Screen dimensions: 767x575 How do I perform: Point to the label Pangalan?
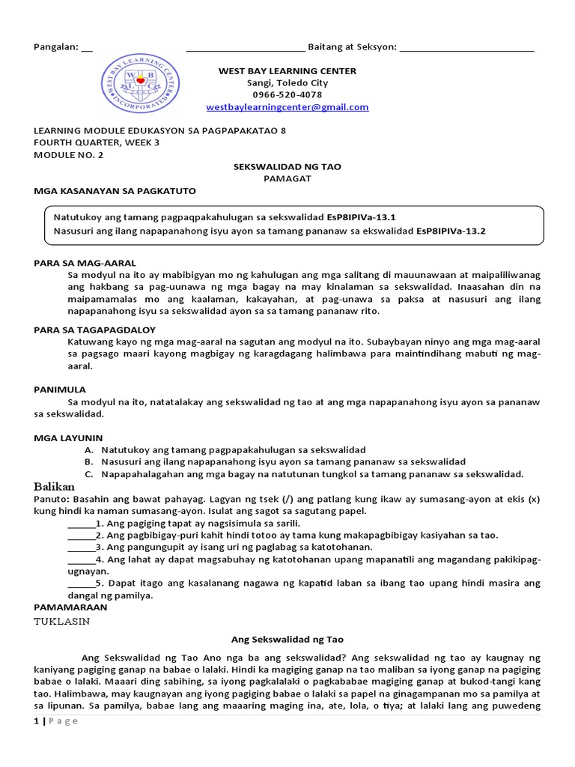pyautogui.click(x=56, y=47)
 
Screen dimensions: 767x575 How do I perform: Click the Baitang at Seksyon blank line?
pyautogui.click(x=467, y=48)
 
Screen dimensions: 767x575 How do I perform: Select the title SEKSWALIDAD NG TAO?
pyautogui.click(x=287, y=166)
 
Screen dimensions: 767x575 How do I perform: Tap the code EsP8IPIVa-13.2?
pyautogui.click(x=451, y=231)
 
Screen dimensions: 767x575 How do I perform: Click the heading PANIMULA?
pyautogui.click(x=60, y=389)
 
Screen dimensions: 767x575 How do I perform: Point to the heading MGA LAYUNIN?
pyautogui.click(x=68, y=437)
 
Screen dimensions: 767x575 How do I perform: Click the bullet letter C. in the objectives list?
pyautogui.click(x=88, y=474)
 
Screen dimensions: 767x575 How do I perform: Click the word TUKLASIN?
pyautogui.click(x=62, y=621)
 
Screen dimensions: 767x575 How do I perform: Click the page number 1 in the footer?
pyautogui.click(x=36, y=721)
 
